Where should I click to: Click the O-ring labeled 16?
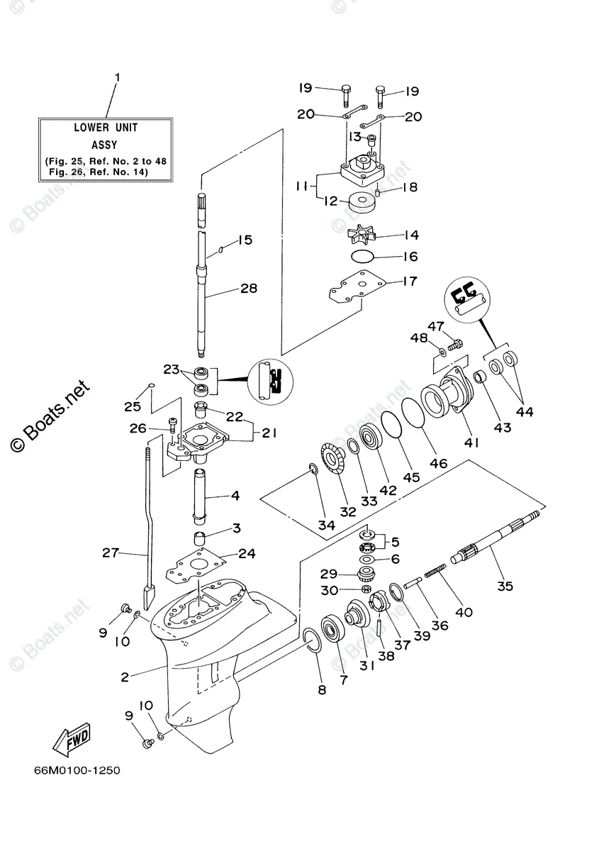(x=362, y=256)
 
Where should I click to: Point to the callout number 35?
(x=505, y=586)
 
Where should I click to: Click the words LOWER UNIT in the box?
(x=106, y=128)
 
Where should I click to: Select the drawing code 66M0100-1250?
(x=76, y=770)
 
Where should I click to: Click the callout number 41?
(x=471, y=443)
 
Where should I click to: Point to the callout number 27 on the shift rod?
(x=109, y=553)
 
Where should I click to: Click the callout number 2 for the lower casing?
(x=125, y=677)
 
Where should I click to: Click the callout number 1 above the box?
(x=118, y=76)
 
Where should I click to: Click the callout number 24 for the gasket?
(x=247, y=553)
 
